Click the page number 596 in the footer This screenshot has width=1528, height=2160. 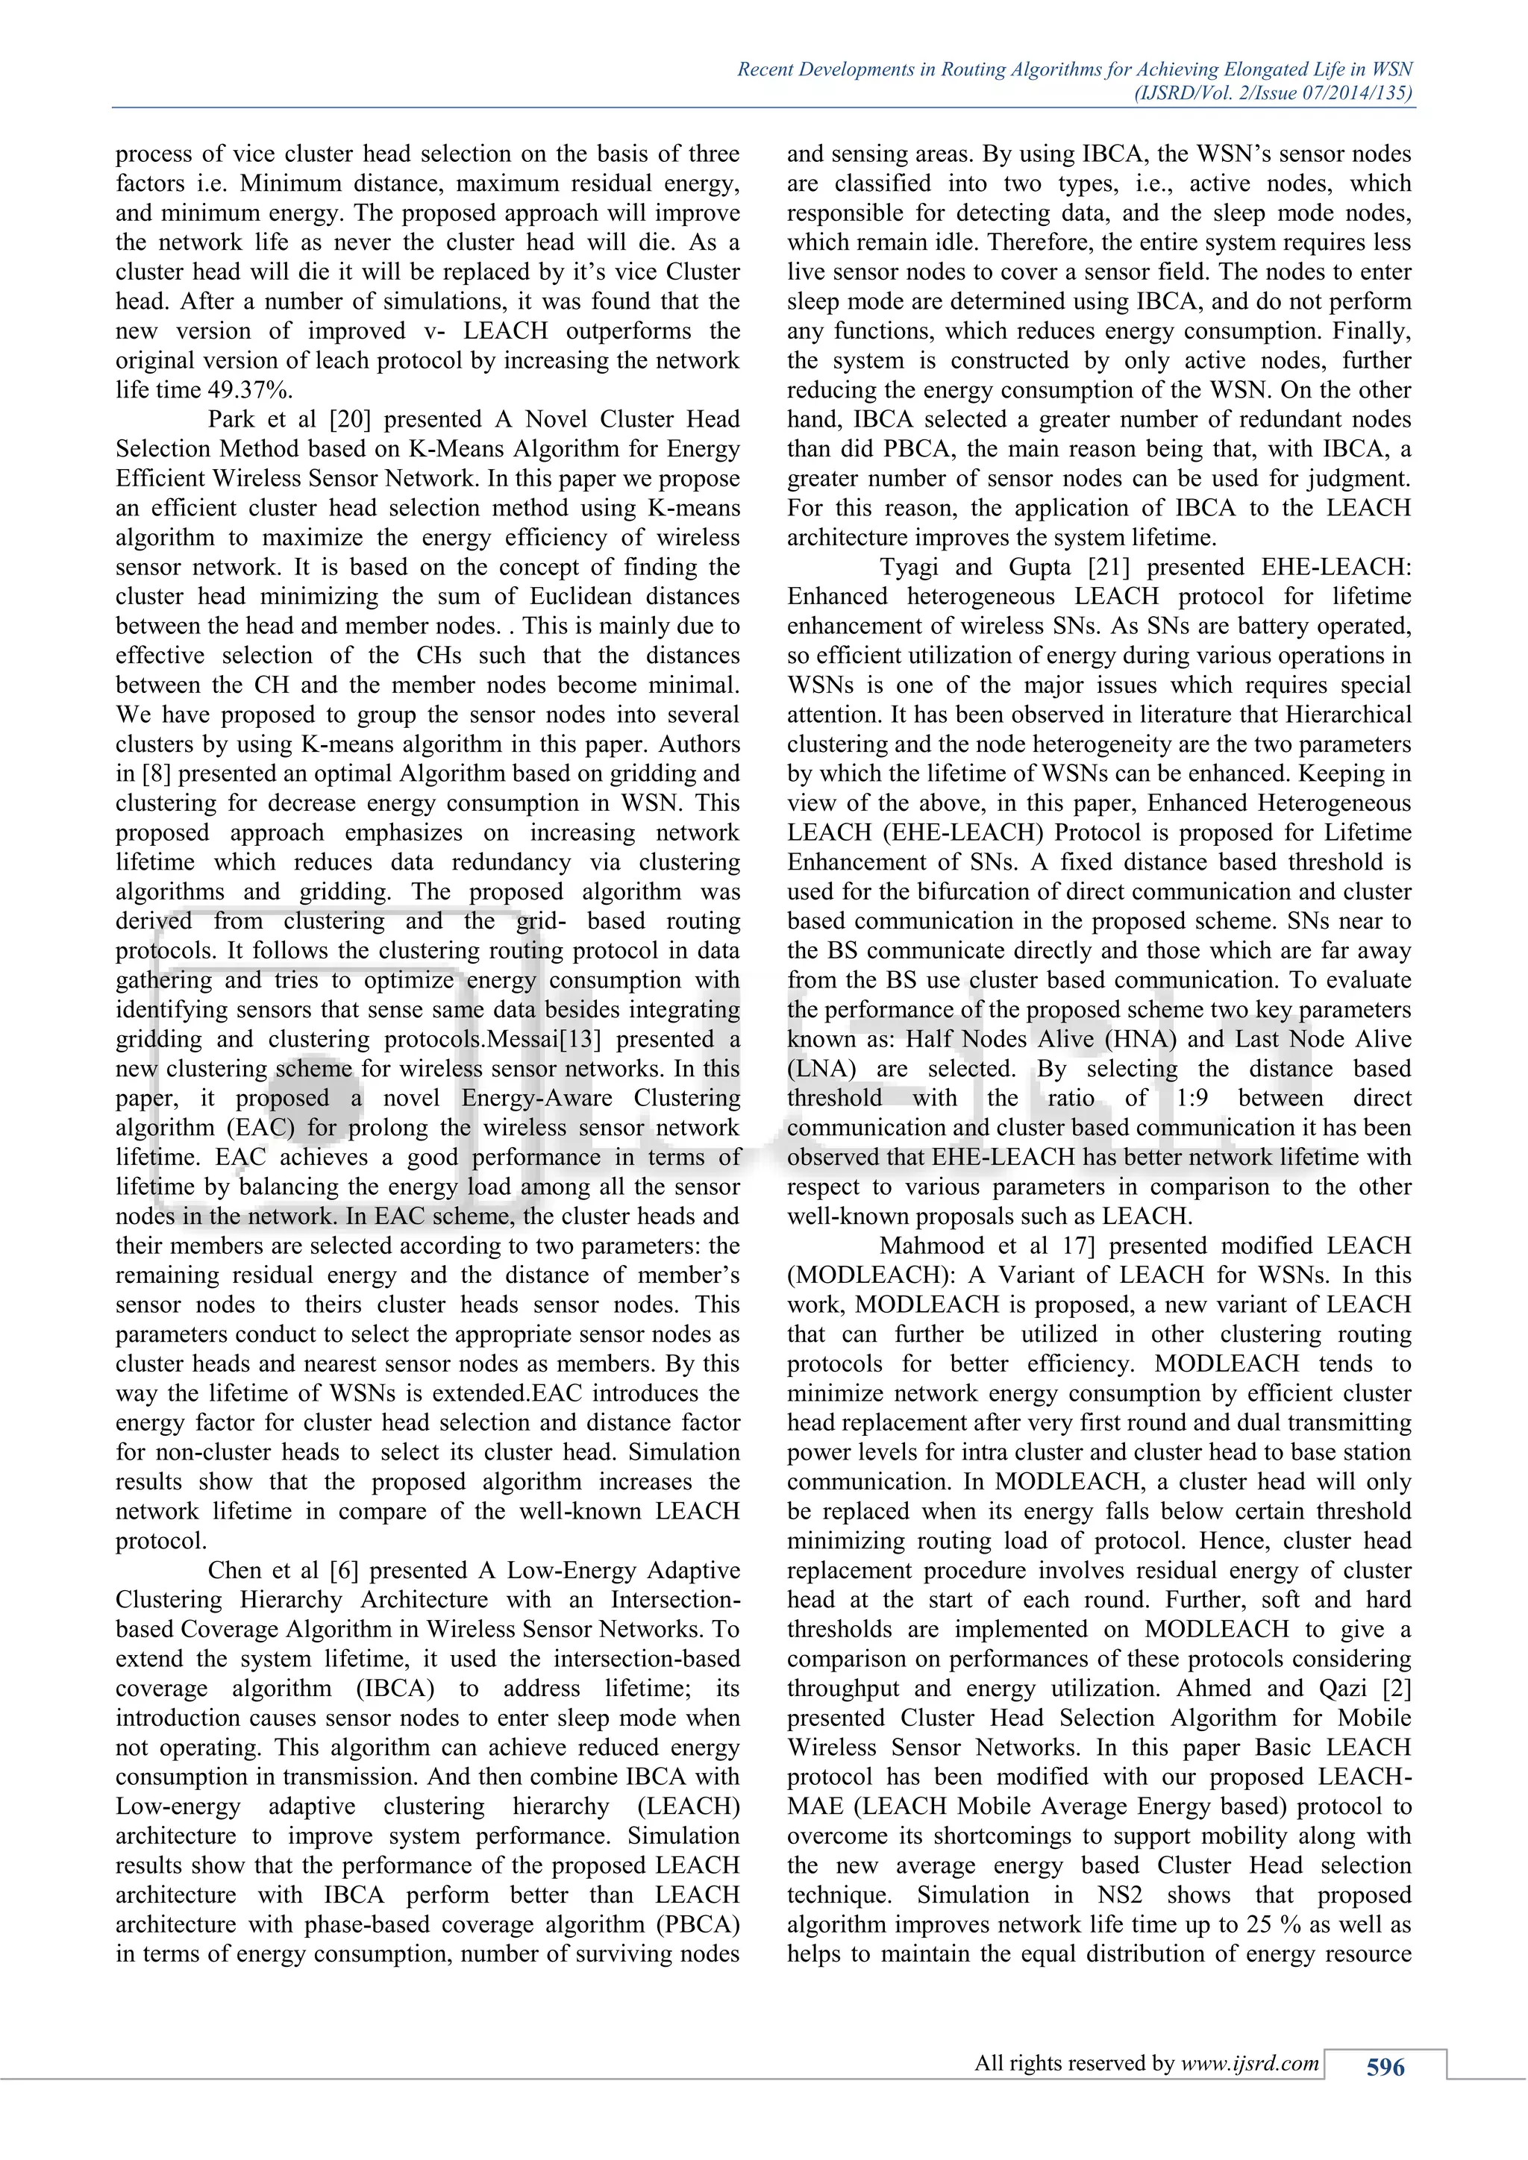(x=1385, y=2067)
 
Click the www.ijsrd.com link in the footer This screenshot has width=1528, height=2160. (x=1250, y=2063)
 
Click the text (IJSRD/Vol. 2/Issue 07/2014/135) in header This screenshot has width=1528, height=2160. (x=1273, y=92)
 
